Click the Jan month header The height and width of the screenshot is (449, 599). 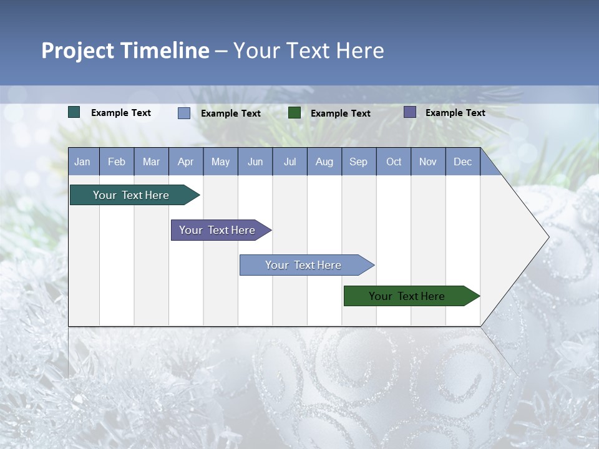pos(82,162)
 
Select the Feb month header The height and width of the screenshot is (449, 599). pos(117,162)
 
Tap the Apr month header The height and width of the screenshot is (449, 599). pos(185,162)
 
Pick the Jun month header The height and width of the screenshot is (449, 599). pos(255,162)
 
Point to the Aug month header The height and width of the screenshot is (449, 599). pos(324,162)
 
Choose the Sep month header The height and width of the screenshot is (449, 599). pos(358,162)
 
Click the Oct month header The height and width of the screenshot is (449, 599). pos(394,162)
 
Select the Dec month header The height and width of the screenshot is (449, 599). pos(462,162)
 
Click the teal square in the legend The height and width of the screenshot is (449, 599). pos(74,112)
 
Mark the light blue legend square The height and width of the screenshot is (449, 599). pos(184,113)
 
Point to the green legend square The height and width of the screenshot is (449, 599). pos(295,113)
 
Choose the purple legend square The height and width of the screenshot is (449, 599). pos(410,112)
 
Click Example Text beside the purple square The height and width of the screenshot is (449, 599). pos(455,113)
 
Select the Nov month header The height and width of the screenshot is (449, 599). pos(428,162)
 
